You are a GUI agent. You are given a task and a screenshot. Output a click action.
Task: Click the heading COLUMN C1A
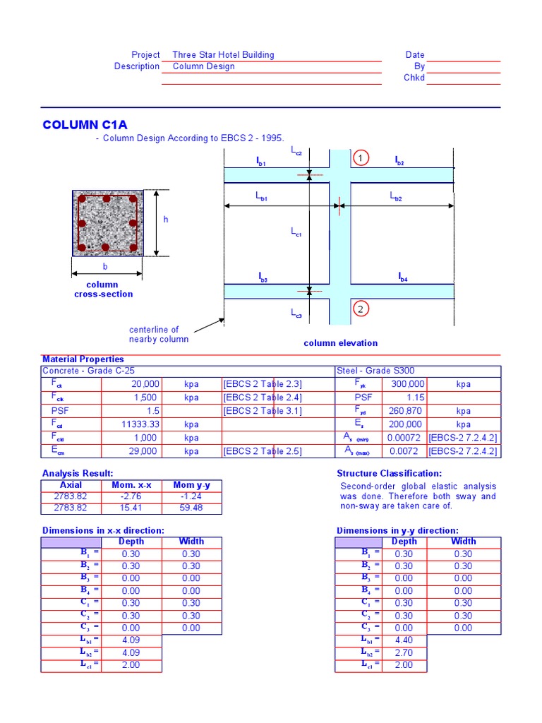coord(80,125)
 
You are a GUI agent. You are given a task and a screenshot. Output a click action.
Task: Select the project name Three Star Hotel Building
coord(223,55)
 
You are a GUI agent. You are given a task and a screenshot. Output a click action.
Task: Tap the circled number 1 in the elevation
coord(360,158)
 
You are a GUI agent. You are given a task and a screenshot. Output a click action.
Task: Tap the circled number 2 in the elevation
coord(360,309)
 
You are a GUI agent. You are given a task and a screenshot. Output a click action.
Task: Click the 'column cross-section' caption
coord(103,289)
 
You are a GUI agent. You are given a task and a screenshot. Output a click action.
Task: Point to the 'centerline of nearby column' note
coord(158,335)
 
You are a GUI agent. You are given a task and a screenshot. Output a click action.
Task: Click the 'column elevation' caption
coord(340,343)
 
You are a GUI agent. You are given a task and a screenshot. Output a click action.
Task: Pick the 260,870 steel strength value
coord(405,411)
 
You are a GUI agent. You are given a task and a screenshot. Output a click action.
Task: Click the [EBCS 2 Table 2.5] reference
coord(262,451)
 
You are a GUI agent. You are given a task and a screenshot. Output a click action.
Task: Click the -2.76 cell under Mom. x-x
coord(131,496)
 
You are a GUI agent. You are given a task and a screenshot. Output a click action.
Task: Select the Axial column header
coord(71,485)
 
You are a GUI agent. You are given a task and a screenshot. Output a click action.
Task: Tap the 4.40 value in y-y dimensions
coord(404,640)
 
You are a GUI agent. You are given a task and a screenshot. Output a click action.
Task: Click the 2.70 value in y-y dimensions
coord(404,652)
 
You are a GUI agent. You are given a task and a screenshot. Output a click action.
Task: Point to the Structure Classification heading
coord(389,474)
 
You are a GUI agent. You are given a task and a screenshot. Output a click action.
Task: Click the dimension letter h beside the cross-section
coord(166,220)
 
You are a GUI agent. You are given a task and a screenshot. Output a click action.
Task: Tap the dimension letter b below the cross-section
coord(105,267)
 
